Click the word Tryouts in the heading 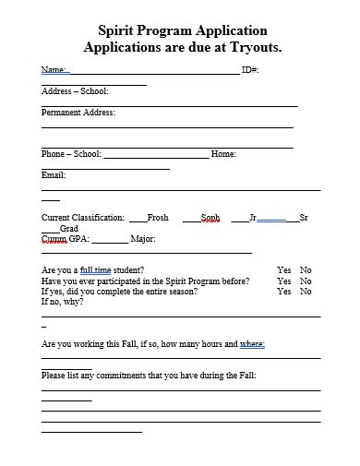(x=253, y=46)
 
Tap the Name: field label (x=54, y=70)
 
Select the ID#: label (x=250, y=70)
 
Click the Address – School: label (x=75, y=91)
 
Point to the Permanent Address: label (x=78, y=113)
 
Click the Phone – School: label (x=71, y=154)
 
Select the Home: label (x=224, y=154)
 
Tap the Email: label (x=54, y=174)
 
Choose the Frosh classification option (x=158, y=218)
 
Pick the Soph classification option (x=210, y=218)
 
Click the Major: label (x=143, y=239)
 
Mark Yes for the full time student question (x=283, y=270)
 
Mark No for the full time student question (x=306, y=270)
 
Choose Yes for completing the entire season (x=283, y=292)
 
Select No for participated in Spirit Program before (x=306, y=281)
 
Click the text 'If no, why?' (x=63, y=302)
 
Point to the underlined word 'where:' (x=252, y=343)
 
